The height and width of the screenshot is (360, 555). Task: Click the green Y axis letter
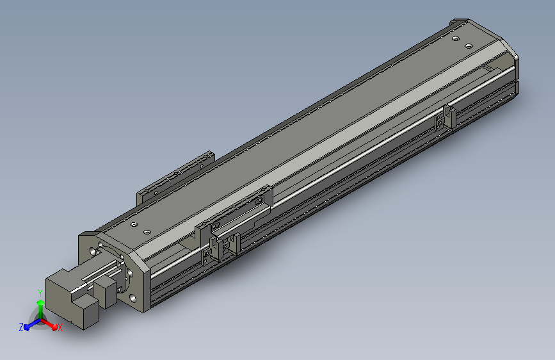40,293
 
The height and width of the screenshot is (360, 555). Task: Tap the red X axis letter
60,327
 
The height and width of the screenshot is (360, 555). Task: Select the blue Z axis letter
21,327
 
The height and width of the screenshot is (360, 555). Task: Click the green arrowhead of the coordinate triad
40,302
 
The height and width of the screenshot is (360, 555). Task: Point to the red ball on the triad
54,327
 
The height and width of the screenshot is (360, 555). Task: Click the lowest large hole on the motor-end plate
133,299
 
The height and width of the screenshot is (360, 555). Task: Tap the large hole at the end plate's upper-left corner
93,252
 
